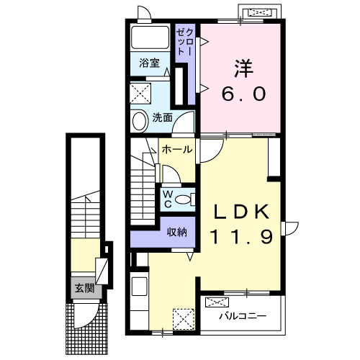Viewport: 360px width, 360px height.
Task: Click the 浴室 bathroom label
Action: click(149, 63)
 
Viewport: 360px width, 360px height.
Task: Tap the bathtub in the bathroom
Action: click(150, 37)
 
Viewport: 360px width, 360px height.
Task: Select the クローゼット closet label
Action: click(184, 42)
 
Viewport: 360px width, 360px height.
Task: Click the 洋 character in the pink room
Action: click(243, 68)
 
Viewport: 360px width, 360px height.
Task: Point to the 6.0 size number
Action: click(243, 94)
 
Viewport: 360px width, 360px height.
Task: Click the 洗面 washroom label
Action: click(163, 117)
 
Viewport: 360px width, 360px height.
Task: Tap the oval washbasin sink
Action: click(140, 122)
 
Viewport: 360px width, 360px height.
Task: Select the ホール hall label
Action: click(177, 150)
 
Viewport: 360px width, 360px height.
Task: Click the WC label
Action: click(168, 199)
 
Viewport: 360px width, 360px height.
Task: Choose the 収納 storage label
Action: click(177, 232)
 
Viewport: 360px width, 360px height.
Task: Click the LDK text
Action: click(241, 211)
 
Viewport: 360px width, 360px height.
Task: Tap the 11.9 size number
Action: click(241, 237)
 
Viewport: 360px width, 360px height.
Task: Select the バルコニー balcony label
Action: click(243, 316)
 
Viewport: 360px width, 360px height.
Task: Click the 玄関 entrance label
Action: click(84, 288)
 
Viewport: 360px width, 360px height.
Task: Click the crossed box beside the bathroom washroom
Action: click(140, 94)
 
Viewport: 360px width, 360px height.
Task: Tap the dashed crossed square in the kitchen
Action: click(184, 319)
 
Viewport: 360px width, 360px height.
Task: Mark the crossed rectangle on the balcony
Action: click(217, 302)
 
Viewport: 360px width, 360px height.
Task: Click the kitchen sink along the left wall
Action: click(140, 287)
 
